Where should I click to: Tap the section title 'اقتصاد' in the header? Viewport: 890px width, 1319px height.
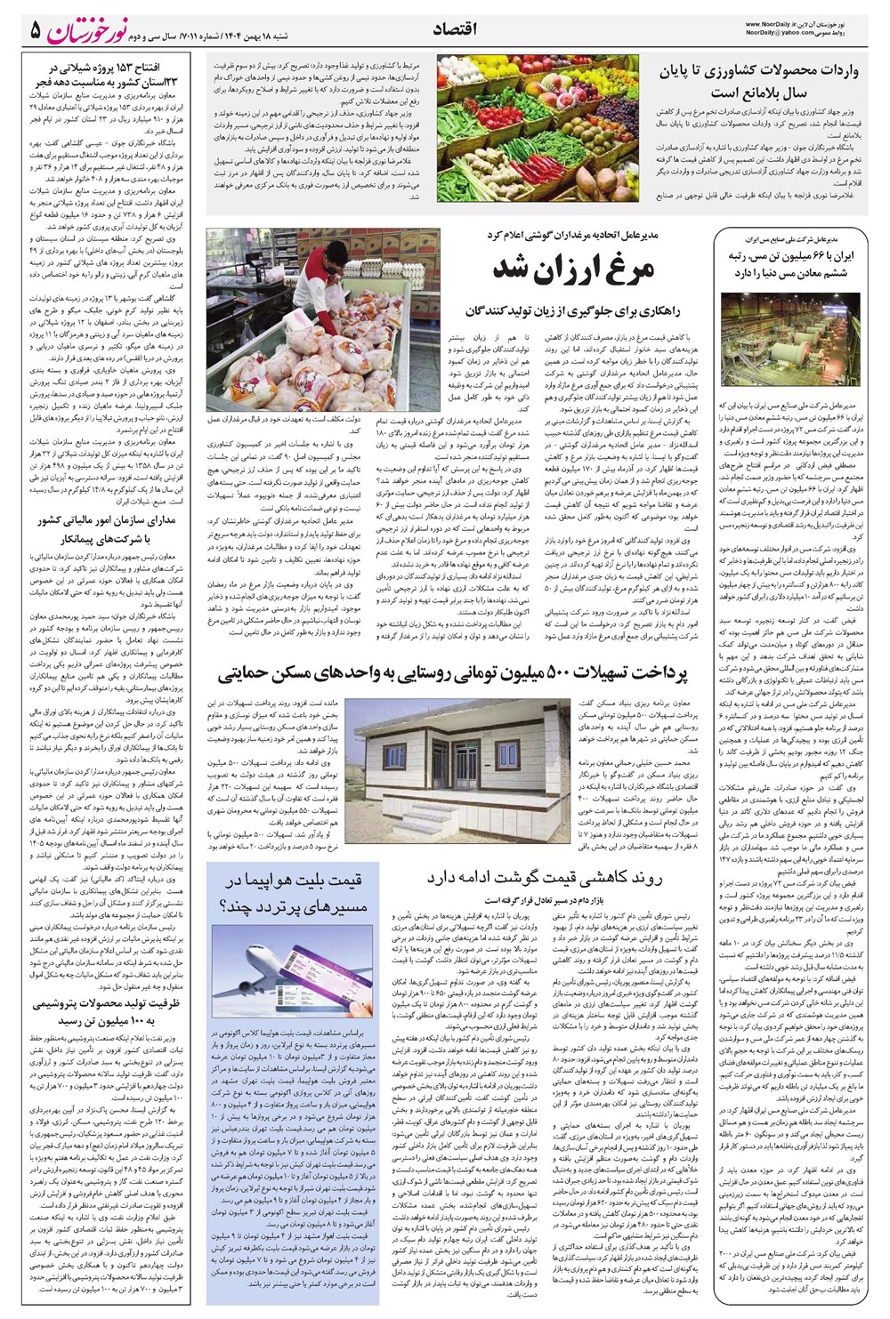coord(454,29)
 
